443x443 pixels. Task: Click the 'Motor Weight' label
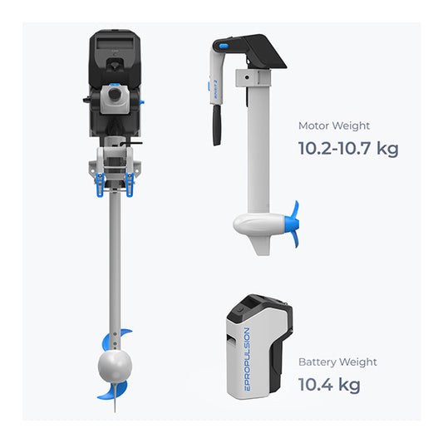pos(334,126)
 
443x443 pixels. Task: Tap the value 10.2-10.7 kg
pos(348,149)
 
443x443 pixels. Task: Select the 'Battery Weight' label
pos(337,362)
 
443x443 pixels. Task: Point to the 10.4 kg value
pos(329,385)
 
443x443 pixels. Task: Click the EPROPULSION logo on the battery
pos(247,359)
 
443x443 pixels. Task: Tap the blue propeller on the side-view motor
pos(293,224)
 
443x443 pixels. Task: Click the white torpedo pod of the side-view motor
pos(258,224)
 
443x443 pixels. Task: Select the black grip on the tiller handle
pos(217,126)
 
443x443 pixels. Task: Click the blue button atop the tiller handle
pos(224,46)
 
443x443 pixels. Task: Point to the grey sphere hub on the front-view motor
pos(115,366)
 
